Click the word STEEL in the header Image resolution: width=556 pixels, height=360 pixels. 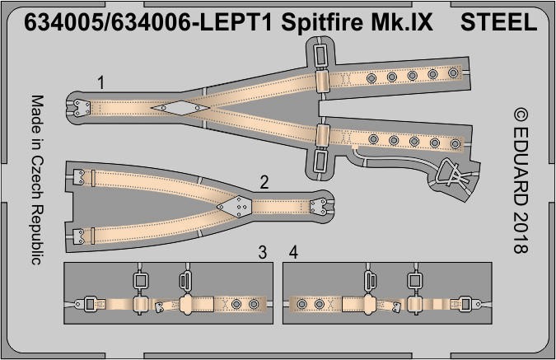pyautogui.click(x=498, y=22)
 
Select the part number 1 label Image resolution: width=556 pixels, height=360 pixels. pyautogui.click(x=101, y=82)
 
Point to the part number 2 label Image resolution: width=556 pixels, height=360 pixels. pyautogui.click(x=264, y=183)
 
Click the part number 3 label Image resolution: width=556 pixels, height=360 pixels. pyautogui.click(x=263, y=253)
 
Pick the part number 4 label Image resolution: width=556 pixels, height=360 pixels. pyautogui.click(x=293, y=253)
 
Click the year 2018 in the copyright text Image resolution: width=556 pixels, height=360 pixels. pyautogui.click(x=521, y=232)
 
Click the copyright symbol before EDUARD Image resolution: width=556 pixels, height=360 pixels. pyautogui.click(x=521, y=115)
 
